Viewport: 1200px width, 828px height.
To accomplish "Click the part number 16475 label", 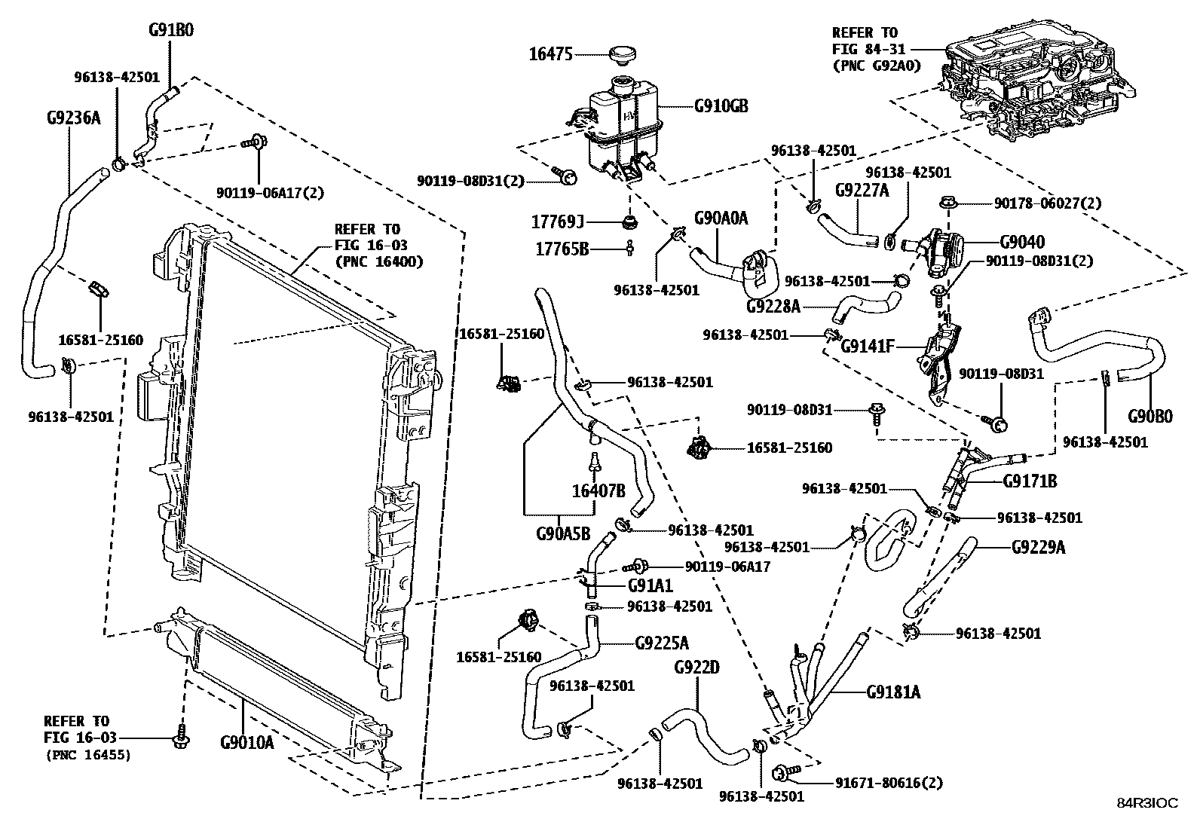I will (x=550, y=54).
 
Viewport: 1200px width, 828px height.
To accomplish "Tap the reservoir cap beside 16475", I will (x=622, y=54).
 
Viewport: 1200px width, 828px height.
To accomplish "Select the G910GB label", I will (x=721, y=106).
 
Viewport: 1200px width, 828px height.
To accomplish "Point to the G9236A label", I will (x=72, y=118).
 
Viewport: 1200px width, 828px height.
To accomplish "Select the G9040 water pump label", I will (x=1022, y=243).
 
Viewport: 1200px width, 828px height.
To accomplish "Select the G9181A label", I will (x=893, y=692).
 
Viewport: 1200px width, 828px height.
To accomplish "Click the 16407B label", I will (x=598, y=491).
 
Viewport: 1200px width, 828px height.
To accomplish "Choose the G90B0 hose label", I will (x=1150, y=416).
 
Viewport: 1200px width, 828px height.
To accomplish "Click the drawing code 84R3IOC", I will (x=1146, y=804).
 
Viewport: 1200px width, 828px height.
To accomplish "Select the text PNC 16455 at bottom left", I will (x=87, y=754).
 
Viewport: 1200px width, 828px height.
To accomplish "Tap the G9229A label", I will (x=1038, y=547).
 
